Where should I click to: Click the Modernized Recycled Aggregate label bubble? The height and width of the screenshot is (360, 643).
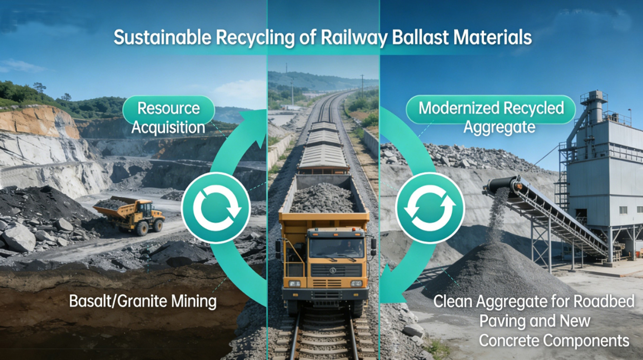pyautogui.click(x=491, y=116)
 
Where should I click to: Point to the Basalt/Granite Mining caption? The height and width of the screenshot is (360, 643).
pyautogui.click(x=143, y=301)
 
